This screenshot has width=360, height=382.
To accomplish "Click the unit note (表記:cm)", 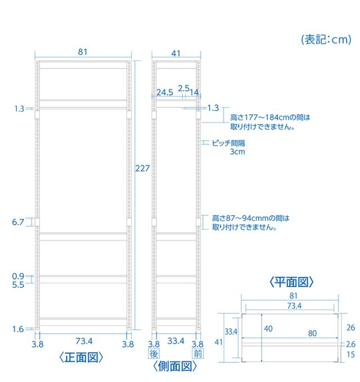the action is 326,39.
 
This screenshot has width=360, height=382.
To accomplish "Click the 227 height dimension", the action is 142,169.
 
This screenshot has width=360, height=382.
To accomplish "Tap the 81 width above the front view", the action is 83,52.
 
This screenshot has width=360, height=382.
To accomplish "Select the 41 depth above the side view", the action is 176,53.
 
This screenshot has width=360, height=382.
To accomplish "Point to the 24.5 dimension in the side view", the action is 165,92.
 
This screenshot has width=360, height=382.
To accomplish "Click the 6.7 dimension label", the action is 18,222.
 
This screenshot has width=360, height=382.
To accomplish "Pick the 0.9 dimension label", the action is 18,276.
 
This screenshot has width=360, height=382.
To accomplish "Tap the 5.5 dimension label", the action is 18,285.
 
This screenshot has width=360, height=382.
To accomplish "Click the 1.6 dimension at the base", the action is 18,329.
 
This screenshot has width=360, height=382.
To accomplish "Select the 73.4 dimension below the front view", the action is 84,341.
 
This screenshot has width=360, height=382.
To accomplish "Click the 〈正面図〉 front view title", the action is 81,358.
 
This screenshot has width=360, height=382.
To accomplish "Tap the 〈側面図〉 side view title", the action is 175,366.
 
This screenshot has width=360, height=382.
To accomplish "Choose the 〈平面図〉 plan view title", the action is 291,282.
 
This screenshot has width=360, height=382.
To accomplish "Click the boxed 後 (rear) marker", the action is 154,354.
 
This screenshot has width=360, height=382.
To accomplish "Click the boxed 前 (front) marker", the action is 198,354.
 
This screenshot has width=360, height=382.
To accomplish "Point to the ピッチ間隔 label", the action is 228,143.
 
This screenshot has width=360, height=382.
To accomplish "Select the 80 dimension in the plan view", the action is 312,333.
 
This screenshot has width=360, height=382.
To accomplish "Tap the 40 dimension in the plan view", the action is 268,329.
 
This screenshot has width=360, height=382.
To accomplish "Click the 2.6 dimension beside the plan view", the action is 351,344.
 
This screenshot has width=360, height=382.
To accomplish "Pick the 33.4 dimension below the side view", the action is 176,341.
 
